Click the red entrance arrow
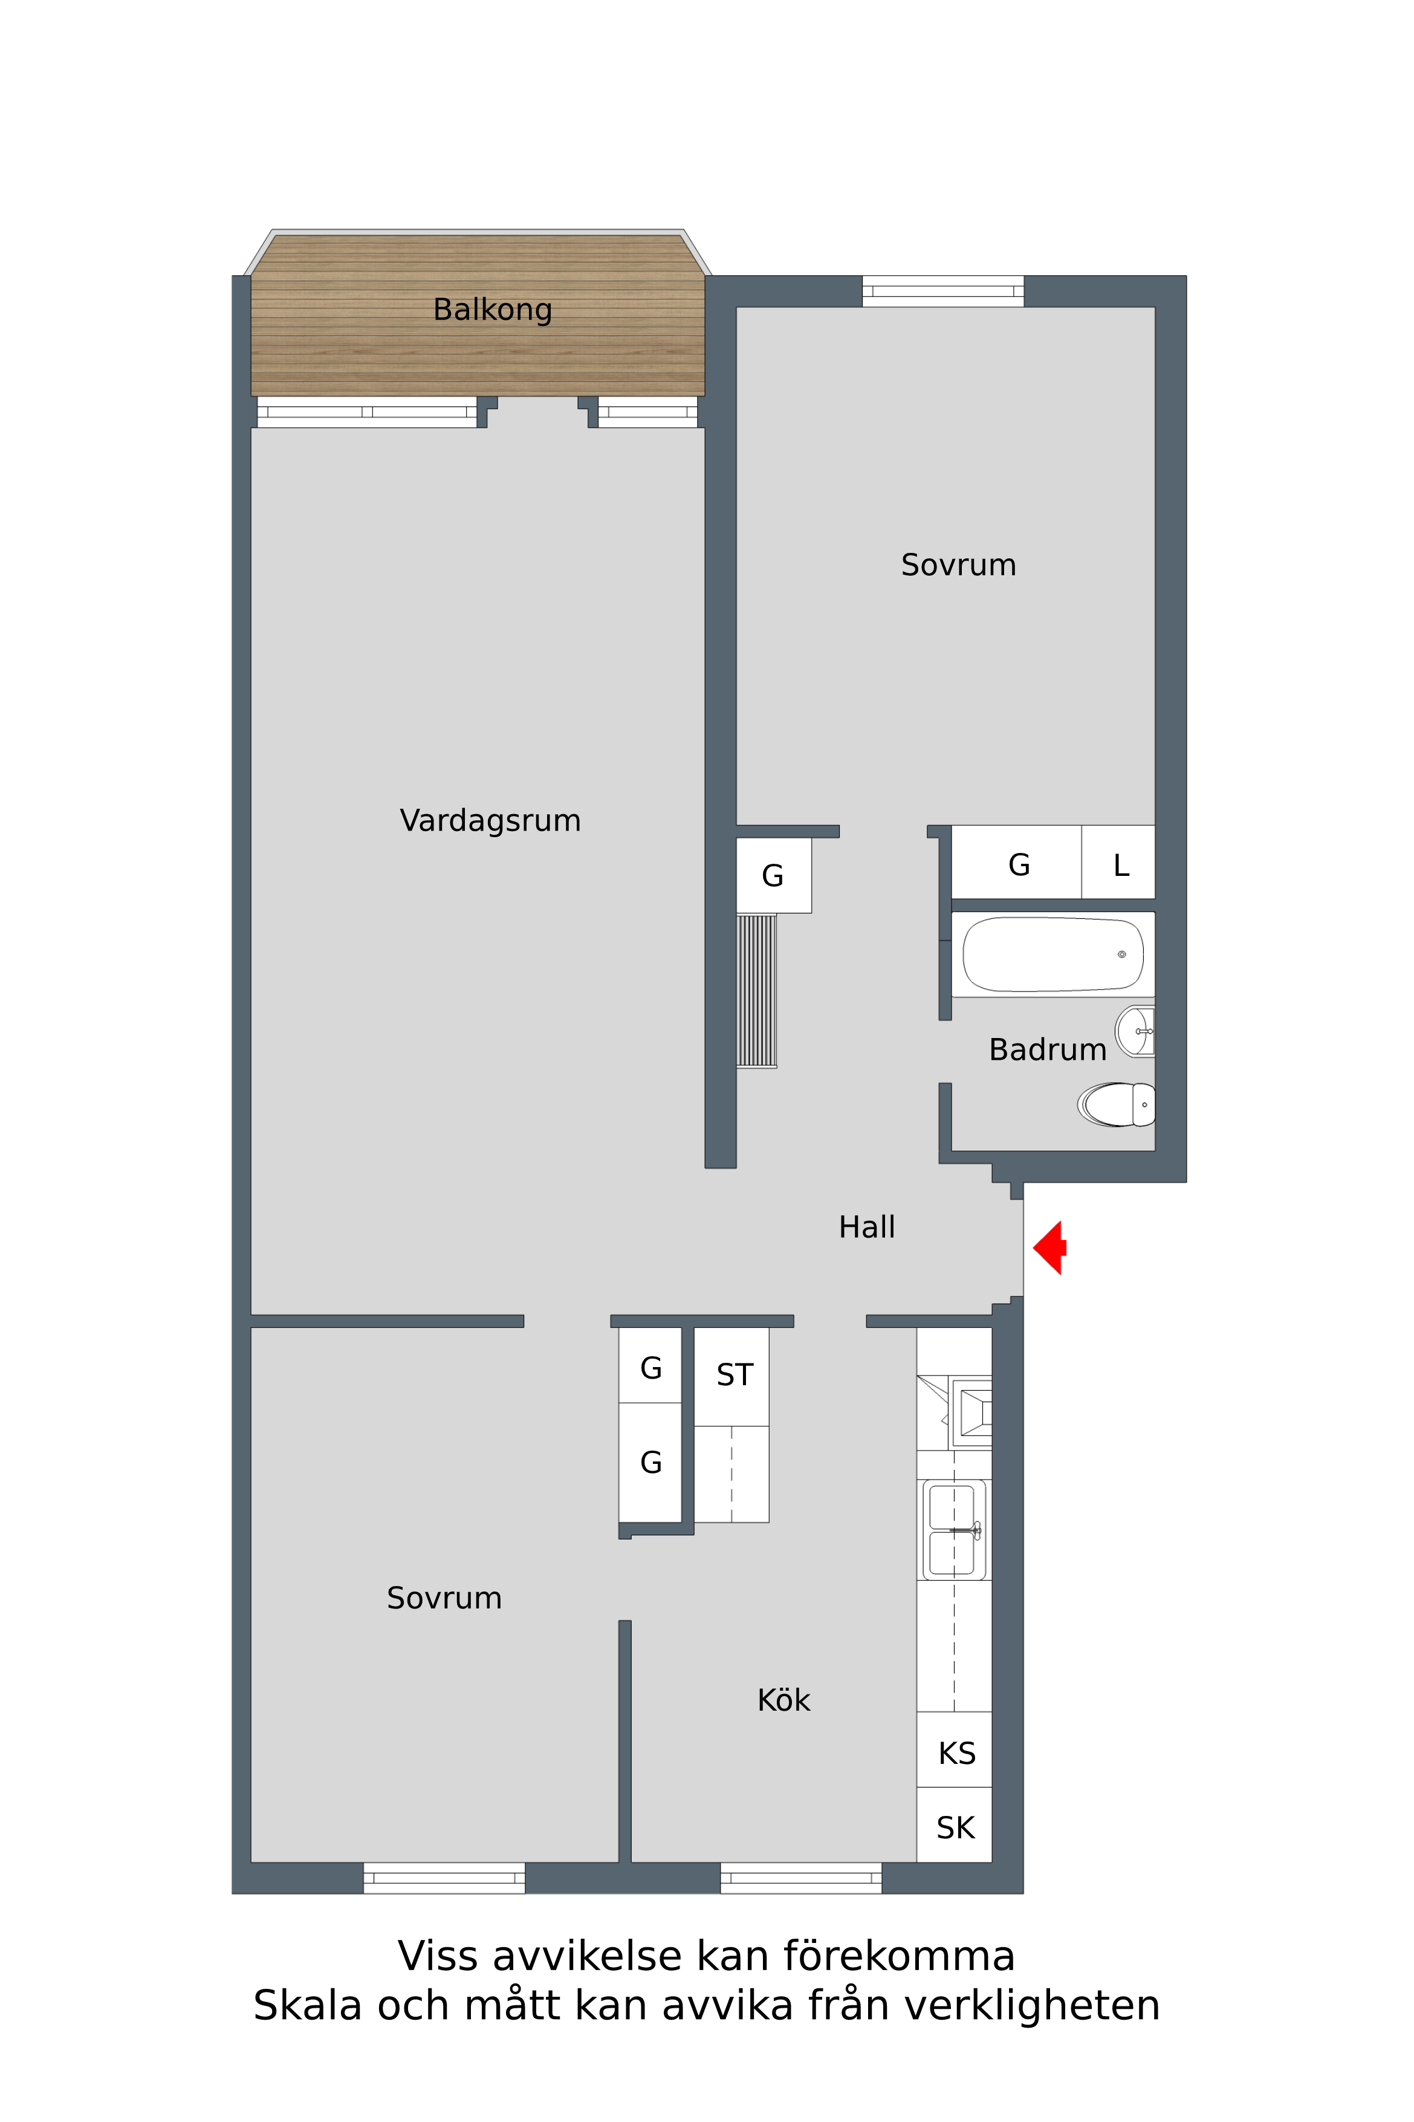point(1049,1248)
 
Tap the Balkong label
point(492,310)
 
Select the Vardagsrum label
point(490,821)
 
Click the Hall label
point(867,1227)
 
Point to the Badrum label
point(1047,1050)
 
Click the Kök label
point(783,1700)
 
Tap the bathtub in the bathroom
point(1053,954)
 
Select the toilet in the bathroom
point(1117,1105)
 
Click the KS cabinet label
point(957,1753)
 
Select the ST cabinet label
point(735,1374)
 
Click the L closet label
point(1121,865)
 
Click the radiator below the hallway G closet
point(757,991)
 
